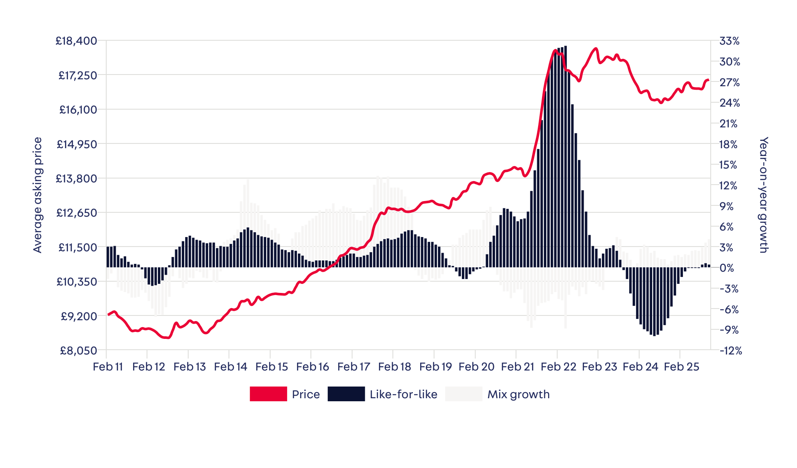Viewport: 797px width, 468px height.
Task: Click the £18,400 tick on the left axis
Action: pyautogui.click(x=76, y=41)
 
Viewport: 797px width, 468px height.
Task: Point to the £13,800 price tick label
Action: pyautogui.click(x=76, y=179)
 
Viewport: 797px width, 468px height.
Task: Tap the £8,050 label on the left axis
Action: pyautogui.click(x=78, y=350)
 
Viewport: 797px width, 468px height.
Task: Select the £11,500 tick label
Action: pyautogui.click(x=77, y=247)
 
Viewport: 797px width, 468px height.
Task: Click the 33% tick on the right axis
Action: pyautogui.click(x=729, y=41)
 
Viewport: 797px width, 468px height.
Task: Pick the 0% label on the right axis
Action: pyautogui.click(x=727, y=268)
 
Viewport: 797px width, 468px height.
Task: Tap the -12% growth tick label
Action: pyautogui.click(x=731, y=351)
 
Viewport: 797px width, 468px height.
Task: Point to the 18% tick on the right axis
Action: pyautogui.click(x=728, y=144)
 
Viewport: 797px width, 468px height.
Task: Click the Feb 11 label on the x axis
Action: pyautogui.click(x=108, y=367)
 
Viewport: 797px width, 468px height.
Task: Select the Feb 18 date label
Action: pyautogui.click(x=394, y=367)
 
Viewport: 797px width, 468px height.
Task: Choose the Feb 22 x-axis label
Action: pyautogui.click(x=559, y=367)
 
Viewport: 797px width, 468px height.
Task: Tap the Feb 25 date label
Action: pyautogui.click(x=681, y=367)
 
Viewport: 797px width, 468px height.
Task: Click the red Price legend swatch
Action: pyautogui.click(x=268, y=394)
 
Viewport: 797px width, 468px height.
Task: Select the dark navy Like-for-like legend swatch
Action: pyautogui.click(x=346, y=394)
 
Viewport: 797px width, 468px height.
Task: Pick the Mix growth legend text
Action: pyautogui.click(x=518, y=394)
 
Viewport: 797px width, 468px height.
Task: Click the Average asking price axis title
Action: pyautogui.click(x=38, y=195)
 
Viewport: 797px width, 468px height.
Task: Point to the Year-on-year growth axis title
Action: pyautogui.click(x=763, y=195)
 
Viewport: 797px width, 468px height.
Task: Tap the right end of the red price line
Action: pyautogui.click(x=708, y=80)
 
